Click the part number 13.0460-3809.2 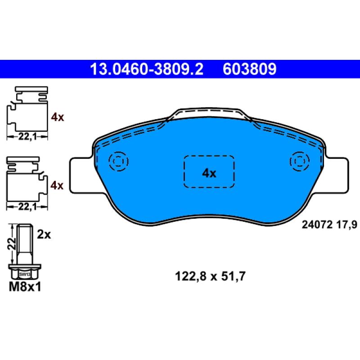(147, 69)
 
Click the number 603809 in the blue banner (249, 69)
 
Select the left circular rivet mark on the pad (119, 161)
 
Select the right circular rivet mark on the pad (299, 161)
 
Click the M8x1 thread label (25, 286)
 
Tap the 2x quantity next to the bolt (44, 234)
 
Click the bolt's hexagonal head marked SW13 (24, 273)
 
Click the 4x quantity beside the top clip (58, 117)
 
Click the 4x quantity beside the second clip (58, 185)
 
